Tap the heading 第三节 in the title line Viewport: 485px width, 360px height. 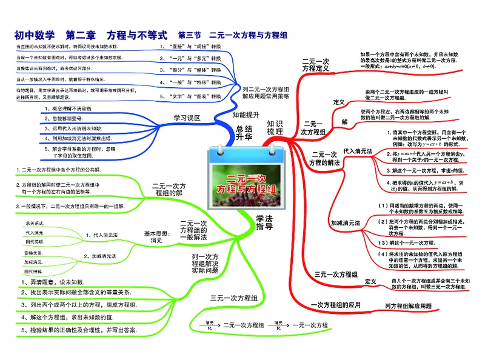[190, 35]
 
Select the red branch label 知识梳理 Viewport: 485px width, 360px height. [274, 127]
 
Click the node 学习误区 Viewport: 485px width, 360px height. [186, 117]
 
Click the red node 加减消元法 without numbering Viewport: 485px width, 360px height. [345, 223]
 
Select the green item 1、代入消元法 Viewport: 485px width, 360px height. [101, 234]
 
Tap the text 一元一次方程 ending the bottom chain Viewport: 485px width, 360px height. [315, 325]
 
